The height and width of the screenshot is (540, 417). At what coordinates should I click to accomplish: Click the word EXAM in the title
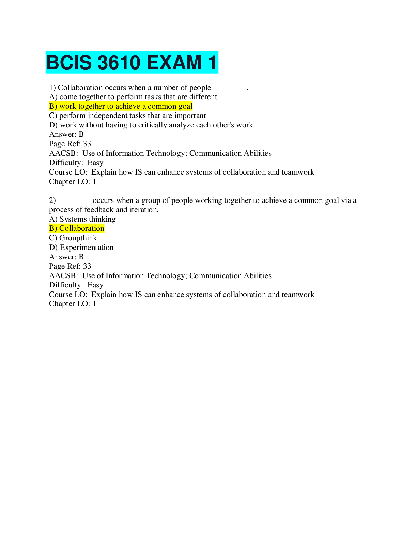click(174, 63)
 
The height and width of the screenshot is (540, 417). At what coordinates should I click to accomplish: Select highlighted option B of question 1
click(121, 106)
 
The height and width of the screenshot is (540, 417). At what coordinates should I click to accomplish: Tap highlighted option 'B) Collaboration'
click(77, 228)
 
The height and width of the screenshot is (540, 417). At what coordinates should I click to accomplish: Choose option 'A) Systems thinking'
click(82, 219)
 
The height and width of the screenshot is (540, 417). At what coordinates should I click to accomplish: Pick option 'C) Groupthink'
click(73, 238)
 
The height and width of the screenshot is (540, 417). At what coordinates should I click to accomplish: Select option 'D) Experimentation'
click(81, 247)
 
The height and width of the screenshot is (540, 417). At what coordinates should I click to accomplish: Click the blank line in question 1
click(229, 89)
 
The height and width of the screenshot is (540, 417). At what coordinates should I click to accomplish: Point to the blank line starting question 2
click(75, 202)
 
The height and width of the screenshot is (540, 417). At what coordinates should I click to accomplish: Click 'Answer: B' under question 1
click(66, 134)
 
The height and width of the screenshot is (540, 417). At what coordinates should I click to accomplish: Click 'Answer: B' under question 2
click(66, 257)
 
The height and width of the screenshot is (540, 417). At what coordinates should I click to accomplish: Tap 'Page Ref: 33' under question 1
click(70, 144)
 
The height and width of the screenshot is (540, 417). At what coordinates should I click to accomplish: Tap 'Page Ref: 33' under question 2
click(70, 266)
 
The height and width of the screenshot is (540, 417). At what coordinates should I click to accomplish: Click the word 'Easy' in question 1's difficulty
click(95, 163)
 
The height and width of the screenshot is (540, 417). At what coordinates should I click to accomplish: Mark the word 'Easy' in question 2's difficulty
click(95, 285)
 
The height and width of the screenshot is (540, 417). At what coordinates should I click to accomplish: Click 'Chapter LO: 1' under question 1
click(73, 182)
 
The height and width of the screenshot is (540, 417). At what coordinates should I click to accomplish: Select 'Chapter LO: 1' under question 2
click(73, 304)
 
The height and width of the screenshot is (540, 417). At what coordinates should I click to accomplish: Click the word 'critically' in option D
click(152, 125)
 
